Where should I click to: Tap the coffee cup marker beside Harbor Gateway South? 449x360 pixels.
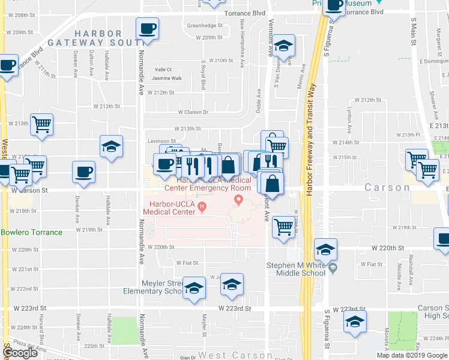point(148,28)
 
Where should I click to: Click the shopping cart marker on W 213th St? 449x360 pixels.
point(41,125)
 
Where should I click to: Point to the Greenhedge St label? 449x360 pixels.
point(205,26)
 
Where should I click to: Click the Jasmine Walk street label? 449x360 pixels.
point(166,78)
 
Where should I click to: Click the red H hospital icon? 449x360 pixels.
point(202,208)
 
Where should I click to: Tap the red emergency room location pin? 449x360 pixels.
point(239,199)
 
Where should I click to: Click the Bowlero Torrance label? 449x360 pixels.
point(31,232)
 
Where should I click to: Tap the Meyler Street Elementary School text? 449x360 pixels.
point(152,287)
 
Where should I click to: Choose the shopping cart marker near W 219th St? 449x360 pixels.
point(283,227)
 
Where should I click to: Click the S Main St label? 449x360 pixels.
point(414,36)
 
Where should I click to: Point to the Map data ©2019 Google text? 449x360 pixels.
point(412,355)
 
